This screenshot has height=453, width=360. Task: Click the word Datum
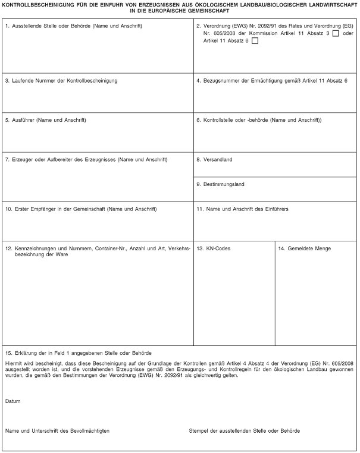12,402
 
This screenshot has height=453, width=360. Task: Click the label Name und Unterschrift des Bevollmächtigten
57,430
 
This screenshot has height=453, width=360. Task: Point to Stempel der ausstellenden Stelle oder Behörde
244,430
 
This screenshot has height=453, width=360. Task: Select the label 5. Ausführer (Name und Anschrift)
46,121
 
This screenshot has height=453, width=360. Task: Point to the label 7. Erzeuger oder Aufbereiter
86,159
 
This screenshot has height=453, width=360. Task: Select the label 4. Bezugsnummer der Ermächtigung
271,80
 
